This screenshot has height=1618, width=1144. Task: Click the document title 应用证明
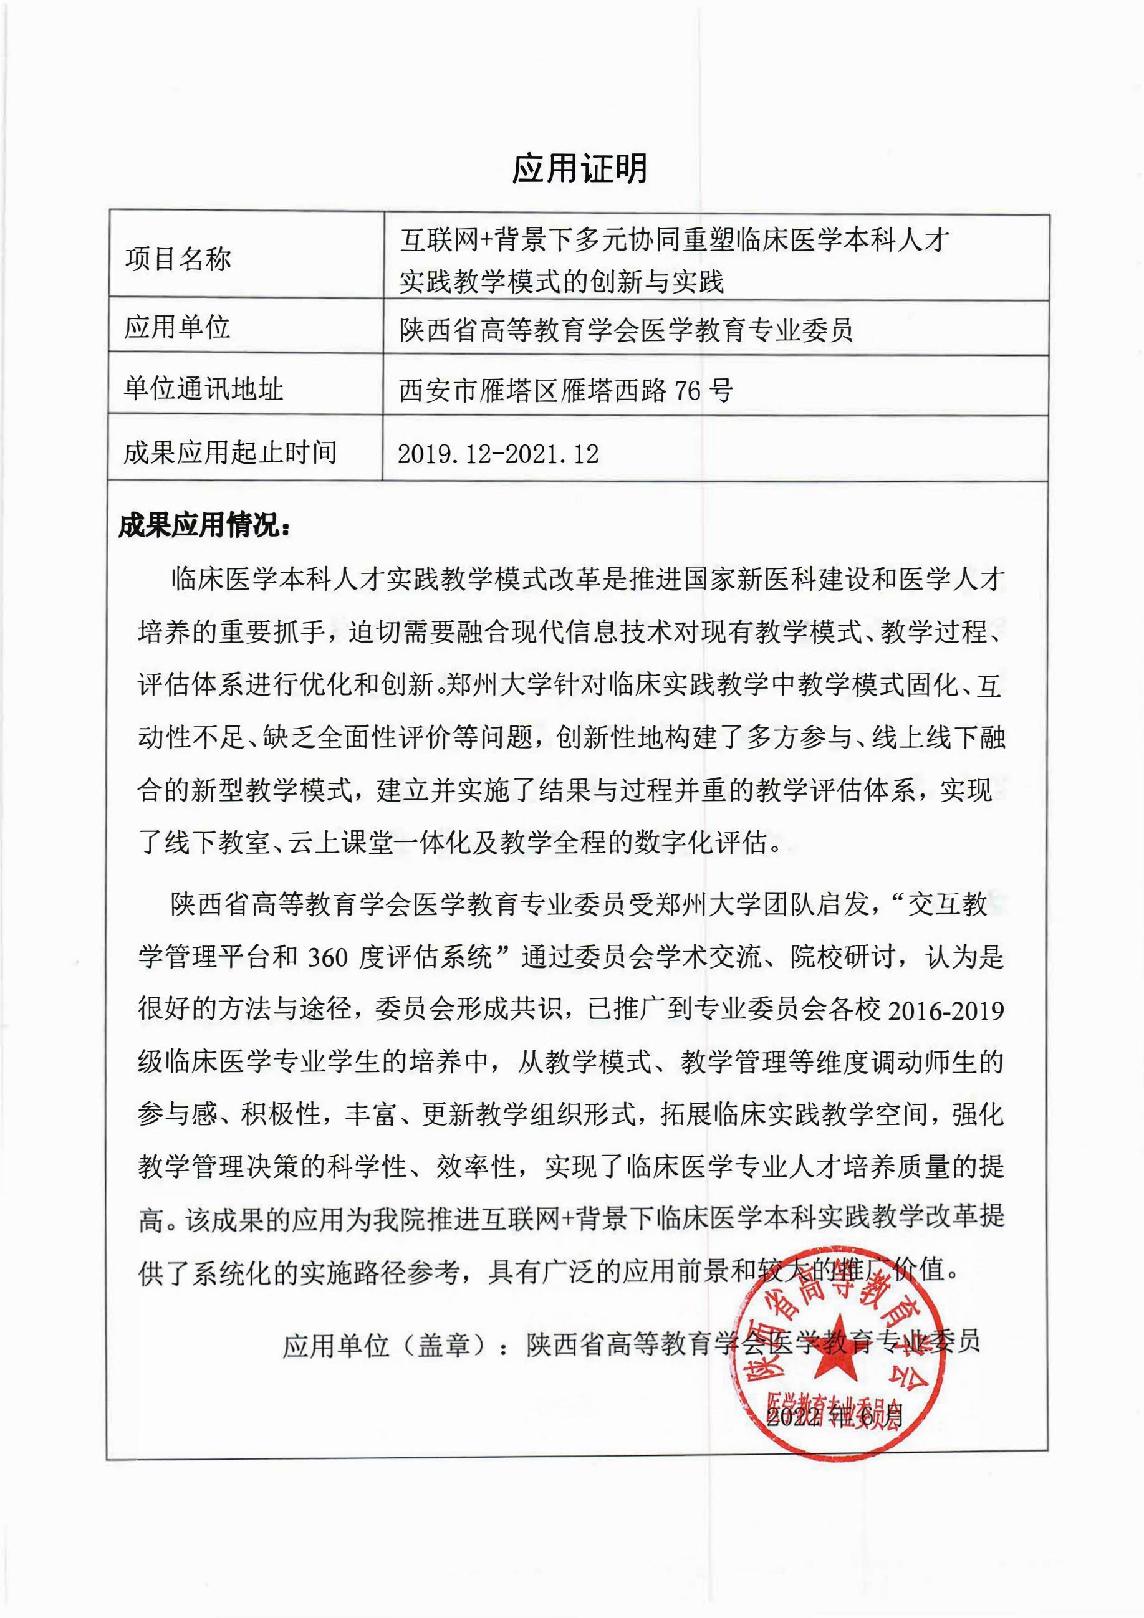click(x=579, y=169)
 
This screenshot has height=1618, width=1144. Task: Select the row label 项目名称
click(x=178, y=259)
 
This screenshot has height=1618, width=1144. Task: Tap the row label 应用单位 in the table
click(x=178, y=327)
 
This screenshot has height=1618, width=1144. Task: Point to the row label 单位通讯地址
click(x=204, y=388)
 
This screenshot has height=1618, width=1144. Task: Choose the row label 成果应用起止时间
click(x=230, y=452)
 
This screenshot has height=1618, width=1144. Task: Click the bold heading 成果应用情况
click(x=204, y=525)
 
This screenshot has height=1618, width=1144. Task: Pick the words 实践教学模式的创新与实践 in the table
click(x=562, y=282)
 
